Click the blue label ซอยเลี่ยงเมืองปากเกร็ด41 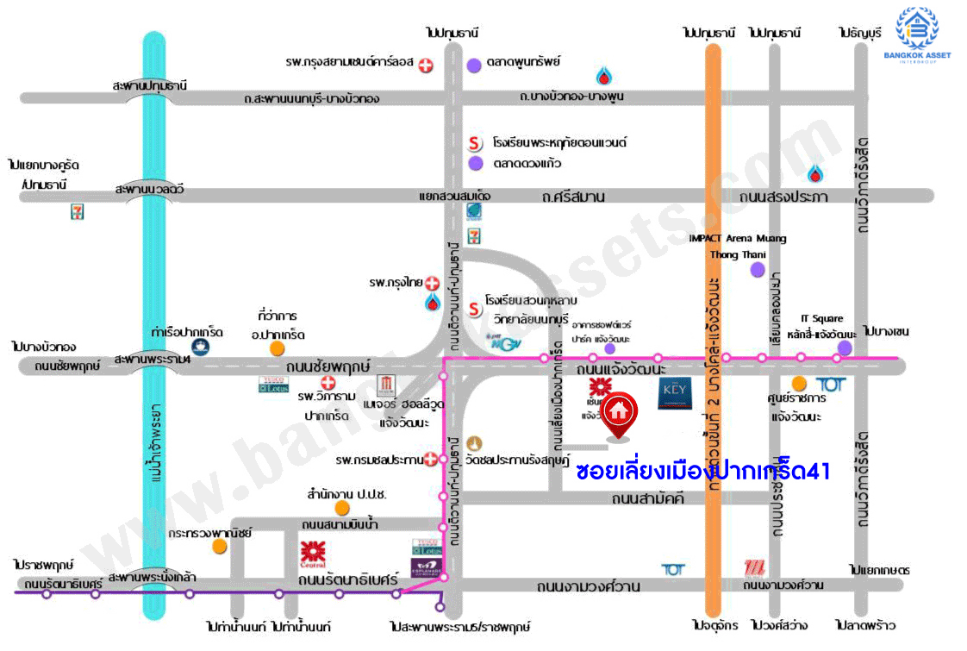(x=702, y=472)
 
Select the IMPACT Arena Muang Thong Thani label (x=737, y=246)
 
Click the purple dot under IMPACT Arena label (x=757, y=270)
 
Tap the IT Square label (x=821, y=318)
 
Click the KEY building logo (x=671, y=393)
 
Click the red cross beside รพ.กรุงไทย (x=432, y=283)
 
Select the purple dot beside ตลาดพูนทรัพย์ (x=474, y=65)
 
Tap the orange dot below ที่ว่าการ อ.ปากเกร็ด (x=277, y=348)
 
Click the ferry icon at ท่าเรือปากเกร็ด (x=200, y=347)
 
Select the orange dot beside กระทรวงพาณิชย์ (x=221, y=546)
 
